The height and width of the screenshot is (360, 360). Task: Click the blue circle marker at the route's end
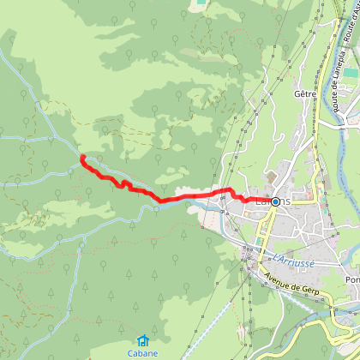pyautogui.click(x=276, y=201)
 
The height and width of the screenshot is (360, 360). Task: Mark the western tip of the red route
pyautogui.click(x=81, y=158)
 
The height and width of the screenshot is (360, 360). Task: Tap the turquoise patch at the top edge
pyautogui.click(x=201, y=3)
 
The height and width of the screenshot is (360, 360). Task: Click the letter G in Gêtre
pyautogui.click(x=296, y=93)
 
